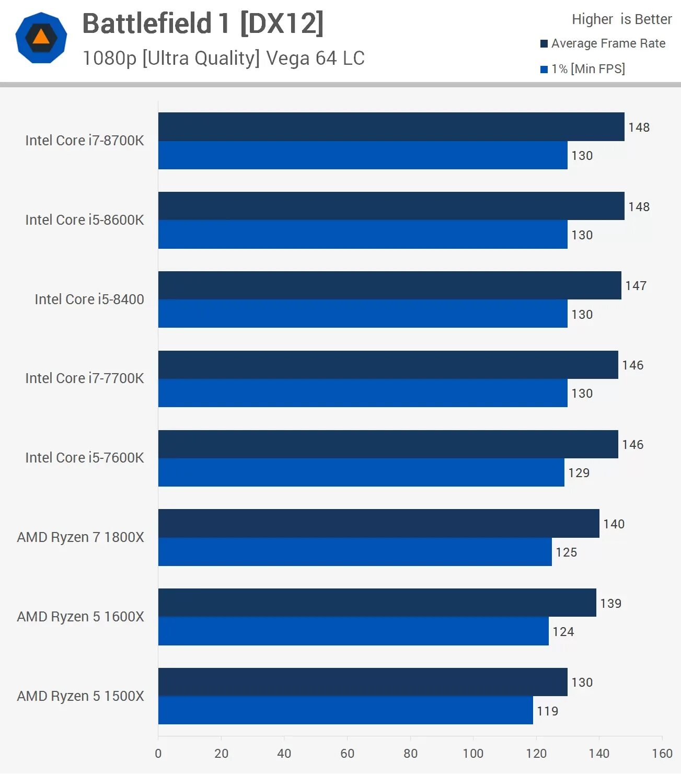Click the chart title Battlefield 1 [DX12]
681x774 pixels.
click(x=203, y=24)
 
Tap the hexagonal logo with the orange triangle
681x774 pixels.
click(x=41, y=38)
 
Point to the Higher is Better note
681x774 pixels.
click(x=621, y=19)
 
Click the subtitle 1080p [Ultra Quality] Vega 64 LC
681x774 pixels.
click(x=223, y=58)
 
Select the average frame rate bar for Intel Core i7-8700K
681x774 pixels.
click(x=391, y=126)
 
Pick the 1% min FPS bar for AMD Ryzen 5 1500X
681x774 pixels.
click(x=345, y=710)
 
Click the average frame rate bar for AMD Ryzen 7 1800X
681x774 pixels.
click(x=378, y=523)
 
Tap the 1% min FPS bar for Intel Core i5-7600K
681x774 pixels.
click(x=361, y=472)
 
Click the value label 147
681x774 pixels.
click(x=636, y=286)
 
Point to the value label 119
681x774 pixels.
click(x=547, y=711)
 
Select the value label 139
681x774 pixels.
click(x=610, y=604)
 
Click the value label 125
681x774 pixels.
click(x=566, y=552)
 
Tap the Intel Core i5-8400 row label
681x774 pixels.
click(x=89, y=299)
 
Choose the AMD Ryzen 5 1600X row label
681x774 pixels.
click(x=80, y=617)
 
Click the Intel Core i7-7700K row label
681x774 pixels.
click(x=84, y=378)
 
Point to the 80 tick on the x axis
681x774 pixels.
click(x=410, y=753)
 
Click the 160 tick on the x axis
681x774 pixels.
click(x=662, y=753)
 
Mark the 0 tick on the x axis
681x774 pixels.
click(x=158, y=753)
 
